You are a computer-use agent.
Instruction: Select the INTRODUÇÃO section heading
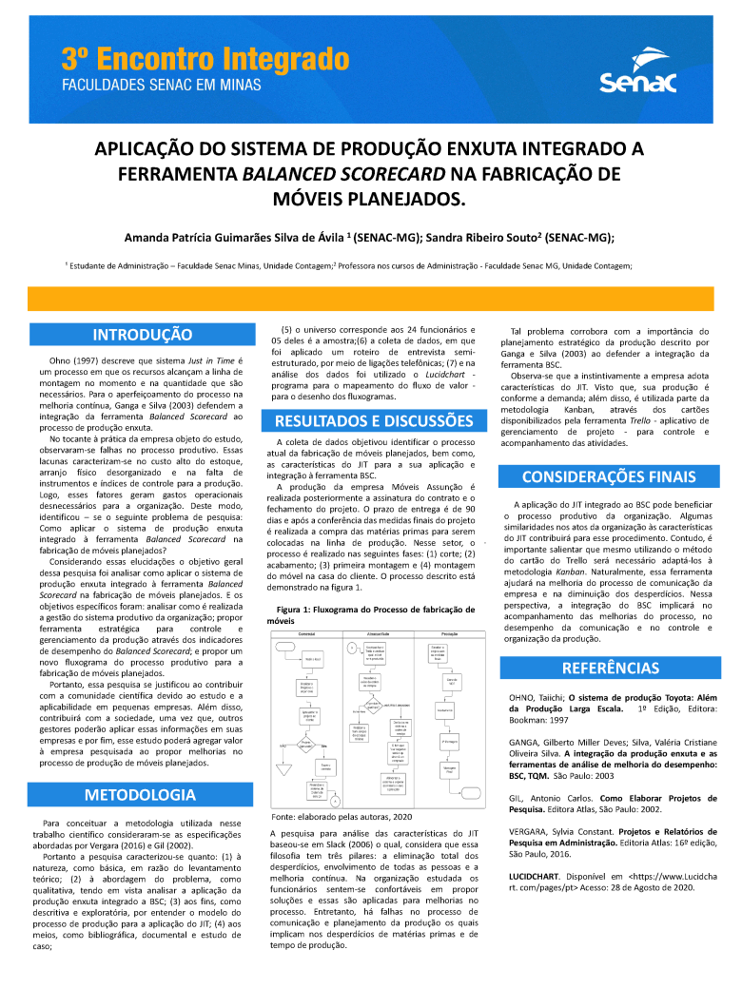click(142, 334)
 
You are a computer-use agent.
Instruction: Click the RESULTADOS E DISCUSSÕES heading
click(374, 420)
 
